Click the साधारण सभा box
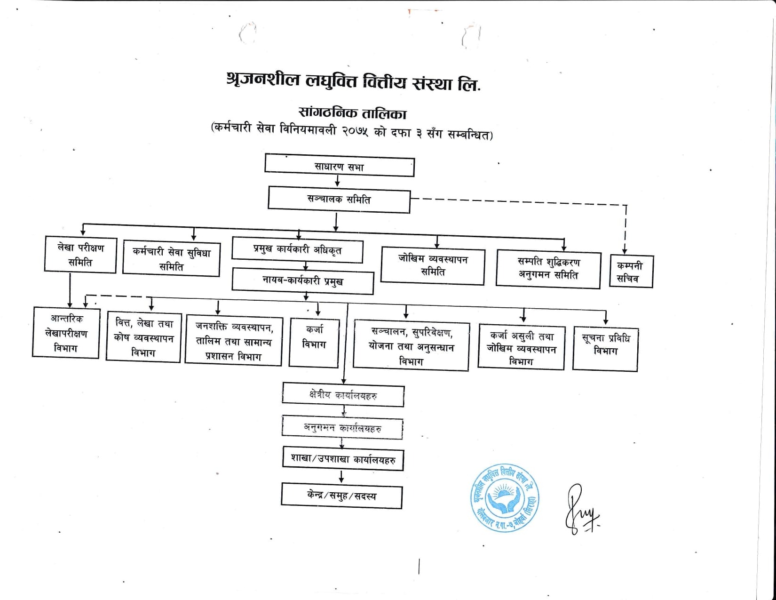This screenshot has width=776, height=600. pyautogui.click(x=339, y=167)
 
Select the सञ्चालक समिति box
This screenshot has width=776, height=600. pyautogui.click(x=339, y=200)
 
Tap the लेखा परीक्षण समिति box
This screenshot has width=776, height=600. pyautogui.click(x=80, y=255)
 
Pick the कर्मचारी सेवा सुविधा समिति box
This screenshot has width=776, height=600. pyautogui.click(x=171, y=259)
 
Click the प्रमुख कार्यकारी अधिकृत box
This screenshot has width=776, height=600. pyautogui.click(x=297, y=251)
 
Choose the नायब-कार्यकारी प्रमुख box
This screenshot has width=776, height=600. pyautogui.click(x=302, y=281)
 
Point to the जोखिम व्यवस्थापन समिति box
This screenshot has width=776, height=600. pyautogui.click(x=432, y=265)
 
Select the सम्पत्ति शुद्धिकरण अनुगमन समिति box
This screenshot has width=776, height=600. pyautogui.click(x=548, y=269)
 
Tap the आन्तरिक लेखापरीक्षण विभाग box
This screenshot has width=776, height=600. pyautogui.click(x=66, y=333)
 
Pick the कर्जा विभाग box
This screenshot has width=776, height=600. pyautogui.click(x=314, y=342)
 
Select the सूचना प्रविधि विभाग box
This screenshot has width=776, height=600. pyautogui.click(x=605, y=348)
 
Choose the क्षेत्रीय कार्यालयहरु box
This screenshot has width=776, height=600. pyautogui.click(x=343, y=396)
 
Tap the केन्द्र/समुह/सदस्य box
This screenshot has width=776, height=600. pyautogui.click(x=341, y=496)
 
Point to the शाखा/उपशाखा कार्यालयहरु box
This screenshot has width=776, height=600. pyautogui.click(x=343, y=459)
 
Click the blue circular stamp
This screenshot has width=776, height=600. pyautogui.click(x=505, y=498)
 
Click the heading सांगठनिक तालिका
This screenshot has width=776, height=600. pyautogui.click(x=352, y=113)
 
